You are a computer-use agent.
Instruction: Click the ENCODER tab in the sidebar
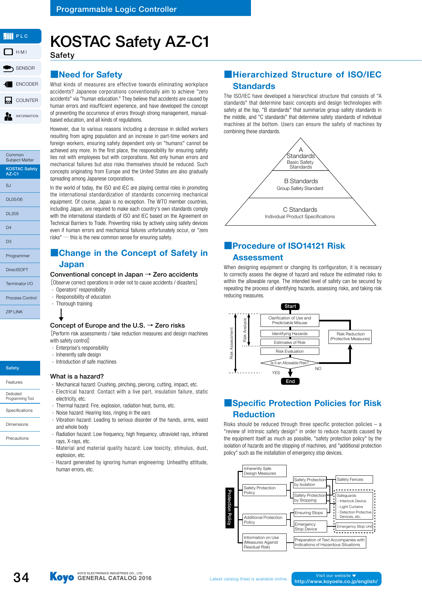[21, 84]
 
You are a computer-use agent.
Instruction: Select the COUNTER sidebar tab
[21, 100]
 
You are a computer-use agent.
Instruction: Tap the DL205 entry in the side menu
[20, 214]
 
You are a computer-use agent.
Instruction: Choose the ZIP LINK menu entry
[20, 312]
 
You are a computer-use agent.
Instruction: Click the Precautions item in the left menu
[20, 438]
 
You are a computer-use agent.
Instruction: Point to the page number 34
[21, 577]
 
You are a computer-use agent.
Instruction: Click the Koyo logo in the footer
[62, 577]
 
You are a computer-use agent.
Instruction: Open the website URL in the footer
[336, 581]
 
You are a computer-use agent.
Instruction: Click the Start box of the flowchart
[290, 306]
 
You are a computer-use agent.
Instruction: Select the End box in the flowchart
[290, 381]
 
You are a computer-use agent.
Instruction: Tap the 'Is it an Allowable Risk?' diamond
[289, 363]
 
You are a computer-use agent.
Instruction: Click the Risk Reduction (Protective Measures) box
[350, 337]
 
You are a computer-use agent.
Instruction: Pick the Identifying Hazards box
[289, 334]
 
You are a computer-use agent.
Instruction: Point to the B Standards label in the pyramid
[301, 181]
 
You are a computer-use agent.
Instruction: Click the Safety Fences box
[354, 479]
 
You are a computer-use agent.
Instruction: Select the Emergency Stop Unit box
[354, 527]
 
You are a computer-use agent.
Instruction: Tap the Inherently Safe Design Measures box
[264, 471]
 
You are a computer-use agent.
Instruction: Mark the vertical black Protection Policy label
[230, 507]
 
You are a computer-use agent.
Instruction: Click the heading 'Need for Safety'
[90, 75]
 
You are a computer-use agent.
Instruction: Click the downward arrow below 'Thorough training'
[61, 315]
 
